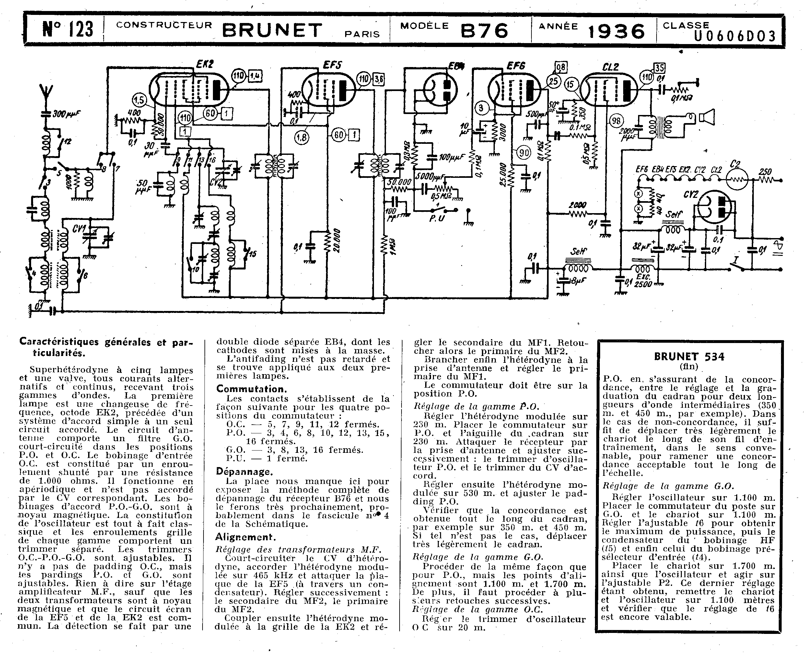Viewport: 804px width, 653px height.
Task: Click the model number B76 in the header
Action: coord(484,30)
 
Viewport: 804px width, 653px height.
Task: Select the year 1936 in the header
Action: coord(616,31)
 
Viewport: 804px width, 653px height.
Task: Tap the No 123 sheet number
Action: coord(68,29)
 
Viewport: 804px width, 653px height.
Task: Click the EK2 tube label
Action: coord(205,64)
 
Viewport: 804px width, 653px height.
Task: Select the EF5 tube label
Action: coord(332,65)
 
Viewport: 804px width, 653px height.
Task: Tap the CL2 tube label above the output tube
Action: coord(610,67)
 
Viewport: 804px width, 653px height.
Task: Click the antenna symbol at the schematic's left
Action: coord(46,93)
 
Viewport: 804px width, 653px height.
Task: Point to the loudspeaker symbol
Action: coord(706,117)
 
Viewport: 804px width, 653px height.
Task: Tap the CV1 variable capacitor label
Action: coord(79,228)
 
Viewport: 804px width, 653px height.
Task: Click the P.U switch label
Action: coord(437,218)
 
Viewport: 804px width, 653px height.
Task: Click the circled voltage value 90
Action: coord(523,152)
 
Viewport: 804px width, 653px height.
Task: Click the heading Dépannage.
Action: coord(244,472)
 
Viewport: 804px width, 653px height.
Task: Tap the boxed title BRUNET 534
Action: coord(689,357)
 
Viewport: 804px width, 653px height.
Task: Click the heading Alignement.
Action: coord(245,537)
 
